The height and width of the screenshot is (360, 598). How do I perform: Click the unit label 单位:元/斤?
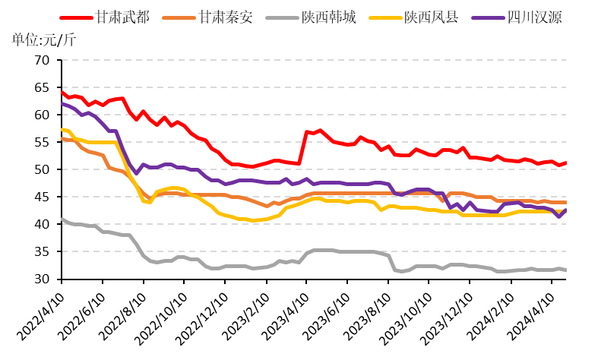[44, 39]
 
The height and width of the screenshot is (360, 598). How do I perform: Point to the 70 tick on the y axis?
[42, 60]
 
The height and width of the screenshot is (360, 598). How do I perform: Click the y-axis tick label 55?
[42, 142]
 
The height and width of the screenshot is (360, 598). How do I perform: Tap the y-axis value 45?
[42, 197]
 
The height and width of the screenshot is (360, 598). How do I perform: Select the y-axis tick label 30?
[42, 279]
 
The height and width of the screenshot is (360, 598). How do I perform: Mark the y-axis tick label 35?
[42, 251]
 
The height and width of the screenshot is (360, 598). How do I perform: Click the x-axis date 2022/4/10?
[41, 316]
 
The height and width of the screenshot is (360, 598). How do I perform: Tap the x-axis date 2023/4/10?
[286, 316]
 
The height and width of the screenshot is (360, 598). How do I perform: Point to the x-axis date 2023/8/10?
[367, 316]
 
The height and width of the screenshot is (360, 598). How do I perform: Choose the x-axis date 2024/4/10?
[530, 316]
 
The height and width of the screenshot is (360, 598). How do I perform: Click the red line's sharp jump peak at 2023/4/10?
[307, 132]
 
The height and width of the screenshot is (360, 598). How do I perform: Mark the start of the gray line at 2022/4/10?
[62, 219]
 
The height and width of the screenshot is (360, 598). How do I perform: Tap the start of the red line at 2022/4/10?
[62, 92]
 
